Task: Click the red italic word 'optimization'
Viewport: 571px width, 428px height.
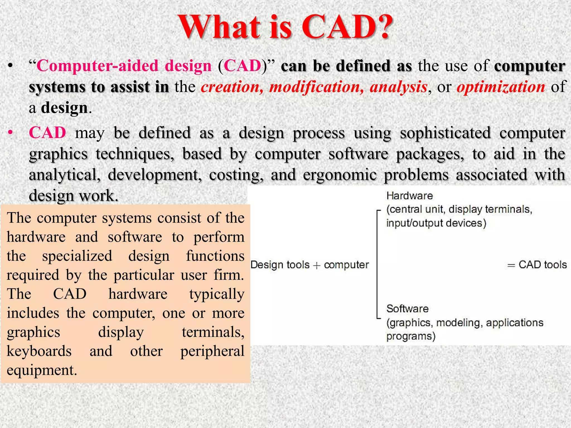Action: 501,87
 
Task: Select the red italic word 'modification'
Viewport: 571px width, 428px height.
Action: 316,87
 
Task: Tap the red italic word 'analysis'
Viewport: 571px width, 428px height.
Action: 398,87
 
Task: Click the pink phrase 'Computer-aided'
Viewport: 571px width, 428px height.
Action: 97,66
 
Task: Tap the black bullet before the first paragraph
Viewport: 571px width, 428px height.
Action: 11,66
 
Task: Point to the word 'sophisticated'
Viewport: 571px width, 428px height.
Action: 445,133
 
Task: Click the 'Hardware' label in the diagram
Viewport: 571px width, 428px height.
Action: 410,196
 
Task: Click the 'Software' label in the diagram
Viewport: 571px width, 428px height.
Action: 407,309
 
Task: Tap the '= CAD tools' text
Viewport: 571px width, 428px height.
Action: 537,265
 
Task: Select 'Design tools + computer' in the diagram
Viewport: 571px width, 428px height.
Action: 309,265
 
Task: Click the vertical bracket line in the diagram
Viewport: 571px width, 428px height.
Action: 377,265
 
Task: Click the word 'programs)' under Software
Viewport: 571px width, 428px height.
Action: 411,336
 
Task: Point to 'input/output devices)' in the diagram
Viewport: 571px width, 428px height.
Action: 436,223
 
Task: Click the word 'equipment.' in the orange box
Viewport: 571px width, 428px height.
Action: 42,370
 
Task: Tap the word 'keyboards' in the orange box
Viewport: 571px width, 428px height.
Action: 39,351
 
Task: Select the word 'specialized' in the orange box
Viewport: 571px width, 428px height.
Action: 77,256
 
